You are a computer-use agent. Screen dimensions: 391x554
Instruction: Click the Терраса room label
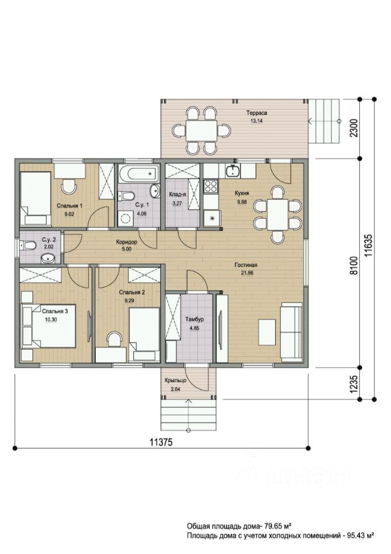tap(257, 113)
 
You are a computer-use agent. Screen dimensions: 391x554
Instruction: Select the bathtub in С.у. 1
tap(139, 174)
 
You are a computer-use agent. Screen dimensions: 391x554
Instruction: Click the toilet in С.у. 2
tap(28, 245)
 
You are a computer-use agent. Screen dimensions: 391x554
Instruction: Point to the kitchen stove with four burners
tap(210, 186)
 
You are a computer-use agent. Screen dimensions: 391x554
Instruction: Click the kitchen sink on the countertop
tap(232, 171)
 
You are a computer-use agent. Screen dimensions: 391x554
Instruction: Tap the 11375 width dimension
tap(161, 442)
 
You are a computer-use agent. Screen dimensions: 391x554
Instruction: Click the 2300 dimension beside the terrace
tap(354, 129)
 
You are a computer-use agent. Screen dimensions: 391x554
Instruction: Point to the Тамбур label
tap(194, 319)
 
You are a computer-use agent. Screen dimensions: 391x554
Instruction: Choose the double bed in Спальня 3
tap(49, 326)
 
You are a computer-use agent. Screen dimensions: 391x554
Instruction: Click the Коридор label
tap(126, 242)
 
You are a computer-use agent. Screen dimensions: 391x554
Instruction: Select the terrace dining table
tap(202, 131)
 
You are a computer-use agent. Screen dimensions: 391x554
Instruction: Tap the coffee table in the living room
tap(267, 332)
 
